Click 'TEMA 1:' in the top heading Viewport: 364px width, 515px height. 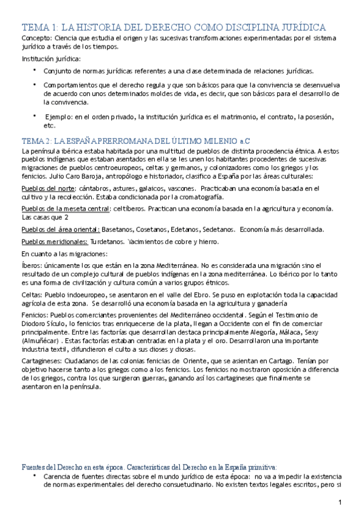(39, 27)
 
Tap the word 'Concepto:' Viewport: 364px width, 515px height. (34, 38)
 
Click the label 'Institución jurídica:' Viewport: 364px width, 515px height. (50, 59)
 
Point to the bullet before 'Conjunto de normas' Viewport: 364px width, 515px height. (35, 70)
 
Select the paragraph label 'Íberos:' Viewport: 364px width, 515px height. (32, 265)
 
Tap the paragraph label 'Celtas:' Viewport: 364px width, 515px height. (32, 294)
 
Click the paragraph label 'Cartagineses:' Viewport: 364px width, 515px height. (42, 360)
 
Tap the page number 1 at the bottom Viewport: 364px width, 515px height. (341, 503)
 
